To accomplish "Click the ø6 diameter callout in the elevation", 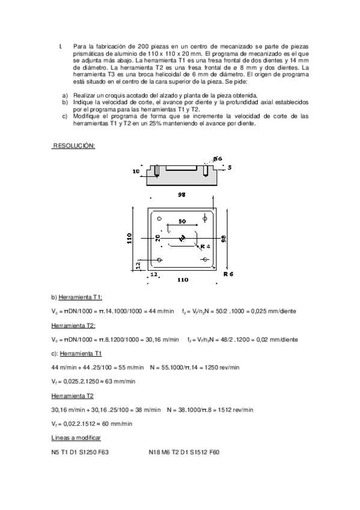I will [x=217, y=159].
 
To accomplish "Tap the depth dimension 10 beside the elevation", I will [x=136, y=172].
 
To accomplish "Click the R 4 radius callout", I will [x=205, y=247].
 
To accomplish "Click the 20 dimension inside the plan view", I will [x=157, y=239].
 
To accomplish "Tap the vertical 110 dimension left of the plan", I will [x=129, y=239].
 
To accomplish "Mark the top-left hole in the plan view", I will [x=159, y=219].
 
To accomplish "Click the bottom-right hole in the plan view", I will [x=206, y=259].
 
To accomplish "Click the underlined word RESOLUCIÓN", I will [x=74, y=146].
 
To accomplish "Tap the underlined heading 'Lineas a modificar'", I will [x=76, y=438].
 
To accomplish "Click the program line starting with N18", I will [x=183, y=451].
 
